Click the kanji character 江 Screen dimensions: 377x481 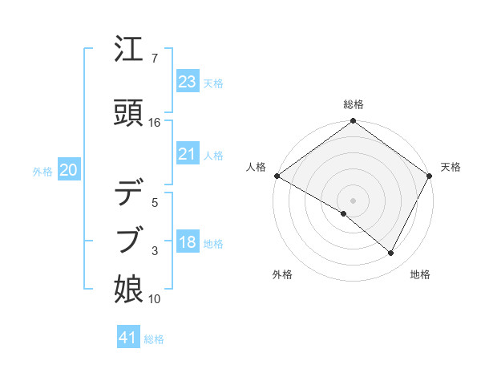click(x=129, y=51)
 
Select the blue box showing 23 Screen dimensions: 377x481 click(x=188, y=82)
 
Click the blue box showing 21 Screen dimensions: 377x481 click(x=188, y=154)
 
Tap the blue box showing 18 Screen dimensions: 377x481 click(x=188, y=242)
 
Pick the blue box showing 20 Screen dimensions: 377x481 click(x=69, y=170)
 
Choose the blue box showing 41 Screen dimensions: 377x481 click(x=129, y=338)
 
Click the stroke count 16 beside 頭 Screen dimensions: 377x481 click(x=155, y=123)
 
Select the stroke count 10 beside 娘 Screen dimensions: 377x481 click(x=155, y=299)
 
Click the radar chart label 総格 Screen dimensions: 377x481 click(x=354, y=104)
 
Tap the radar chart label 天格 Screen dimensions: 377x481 click(x=451, y=167)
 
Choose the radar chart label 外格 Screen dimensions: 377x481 click(x=282, y=274)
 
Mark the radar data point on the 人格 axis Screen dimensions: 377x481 click(x=277, y=176)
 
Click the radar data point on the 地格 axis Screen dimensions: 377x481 click(x=391, y=253)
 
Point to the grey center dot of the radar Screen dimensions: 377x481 click(x=353, y=200)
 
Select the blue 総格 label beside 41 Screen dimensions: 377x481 click(x=154, y=339)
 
